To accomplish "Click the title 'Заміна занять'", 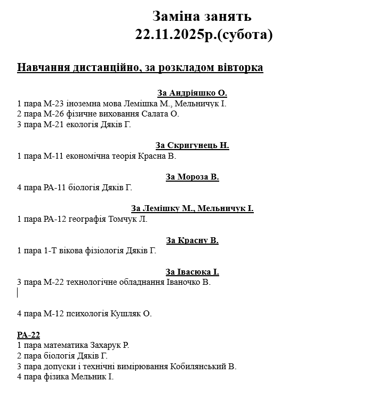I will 202,17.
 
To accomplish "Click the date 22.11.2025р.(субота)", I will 204,35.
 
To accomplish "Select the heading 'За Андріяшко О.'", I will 192,92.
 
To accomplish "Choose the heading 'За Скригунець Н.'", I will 192,145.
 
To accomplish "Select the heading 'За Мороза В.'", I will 192,177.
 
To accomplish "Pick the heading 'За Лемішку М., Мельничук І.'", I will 192,208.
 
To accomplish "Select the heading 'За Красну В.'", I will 192,240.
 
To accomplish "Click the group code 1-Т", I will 47,251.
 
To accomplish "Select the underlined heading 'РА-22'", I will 28,335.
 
